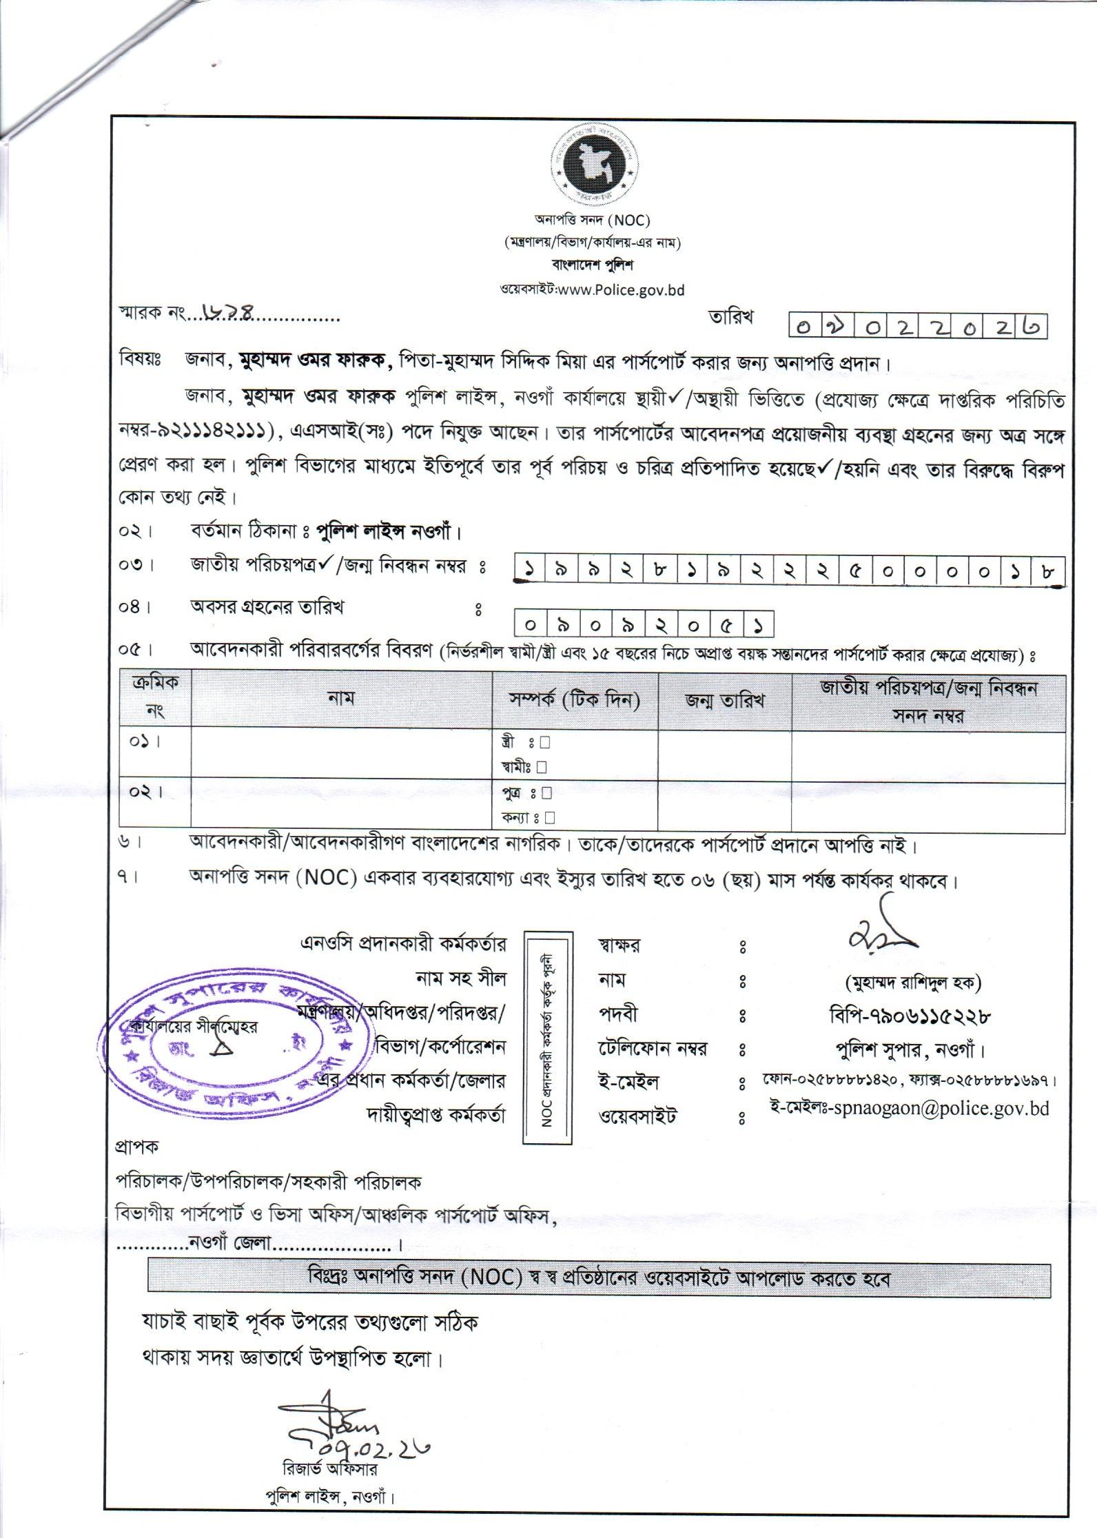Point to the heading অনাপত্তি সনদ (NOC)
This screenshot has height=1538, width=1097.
tap(592, 221)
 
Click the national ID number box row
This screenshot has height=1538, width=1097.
tap(790, 571)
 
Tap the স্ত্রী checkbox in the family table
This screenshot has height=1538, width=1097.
tap(544, 743)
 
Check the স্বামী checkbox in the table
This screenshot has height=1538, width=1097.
tap(542, 767)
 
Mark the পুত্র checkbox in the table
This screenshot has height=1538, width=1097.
tap(546, 793)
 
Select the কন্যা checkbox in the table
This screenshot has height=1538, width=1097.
tap(549, 818)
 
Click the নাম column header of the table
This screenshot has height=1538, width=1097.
tap(341, 699)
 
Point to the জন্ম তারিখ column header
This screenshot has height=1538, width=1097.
tap(724, 701)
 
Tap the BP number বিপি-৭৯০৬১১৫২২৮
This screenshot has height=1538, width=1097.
tap(911, 1016)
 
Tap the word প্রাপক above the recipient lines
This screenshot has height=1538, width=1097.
tap(136, 1147)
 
